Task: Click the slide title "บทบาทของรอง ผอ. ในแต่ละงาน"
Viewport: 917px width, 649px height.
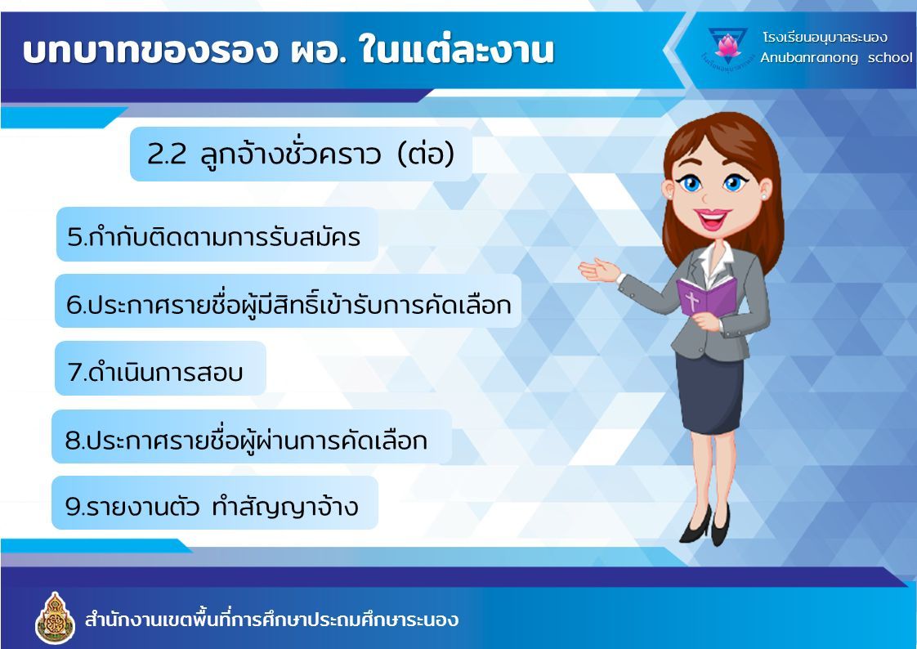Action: (x=288, y=50)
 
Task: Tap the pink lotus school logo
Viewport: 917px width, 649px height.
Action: (x=727, y=46)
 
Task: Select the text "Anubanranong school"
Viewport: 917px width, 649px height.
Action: (x=836, y=57)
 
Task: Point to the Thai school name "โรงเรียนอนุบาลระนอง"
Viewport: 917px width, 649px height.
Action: (x=825, y=38)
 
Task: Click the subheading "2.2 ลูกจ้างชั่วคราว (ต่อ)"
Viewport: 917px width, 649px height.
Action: (x=301, y=154)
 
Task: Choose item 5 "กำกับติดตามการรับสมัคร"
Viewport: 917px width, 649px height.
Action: (x=213, y=236)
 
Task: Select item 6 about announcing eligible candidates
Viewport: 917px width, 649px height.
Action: (x=289, y=303)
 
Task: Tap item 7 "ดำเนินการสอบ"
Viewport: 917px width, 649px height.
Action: (x=155, y=371)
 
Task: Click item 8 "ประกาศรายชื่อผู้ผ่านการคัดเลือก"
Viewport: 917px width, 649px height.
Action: (x=246, y=439)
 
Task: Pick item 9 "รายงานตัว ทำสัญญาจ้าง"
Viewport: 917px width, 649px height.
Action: (x=212, y=506)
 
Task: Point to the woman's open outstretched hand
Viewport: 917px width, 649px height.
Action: (x=599, y=270)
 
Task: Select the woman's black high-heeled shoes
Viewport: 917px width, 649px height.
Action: (x=705, y=525)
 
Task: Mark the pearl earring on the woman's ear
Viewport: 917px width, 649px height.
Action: (x=764, y=197)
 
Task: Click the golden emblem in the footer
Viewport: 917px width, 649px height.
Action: (x=55, y=618)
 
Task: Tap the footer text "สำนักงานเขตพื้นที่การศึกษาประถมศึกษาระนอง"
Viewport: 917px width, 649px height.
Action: (x=271, y=620)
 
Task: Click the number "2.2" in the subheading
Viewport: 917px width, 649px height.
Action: (x=166, y=154)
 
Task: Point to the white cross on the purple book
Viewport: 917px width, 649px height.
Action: (x=692, y=302)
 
